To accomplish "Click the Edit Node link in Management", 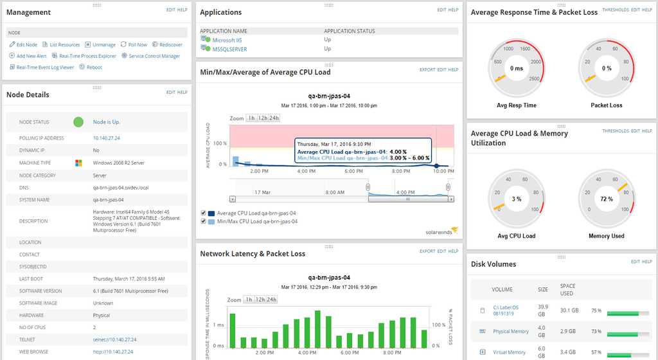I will tap(26, 44).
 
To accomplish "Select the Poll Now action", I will tap(137, 44).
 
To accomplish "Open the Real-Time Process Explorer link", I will tap(87, 56).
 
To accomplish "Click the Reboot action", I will tap(94, 67).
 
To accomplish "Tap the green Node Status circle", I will tap(78, 122).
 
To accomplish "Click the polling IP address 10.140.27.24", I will tap(107, 138).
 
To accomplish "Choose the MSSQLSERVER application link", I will tap(229, 49).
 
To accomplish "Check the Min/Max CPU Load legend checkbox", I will tap(204, 221).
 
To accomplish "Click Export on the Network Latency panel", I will tap(427, 251).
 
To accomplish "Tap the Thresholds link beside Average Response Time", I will tap(616, 10).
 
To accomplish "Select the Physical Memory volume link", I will tap(511, 332).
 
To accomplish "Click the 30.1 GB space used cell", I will tap(569, 310).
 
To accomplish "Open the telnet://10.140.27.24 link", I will tap(114, 339).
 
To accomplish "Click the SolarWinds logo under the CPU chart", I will tap(441, 231).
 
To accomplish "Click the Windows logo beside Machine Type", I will tap(78, 163).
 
